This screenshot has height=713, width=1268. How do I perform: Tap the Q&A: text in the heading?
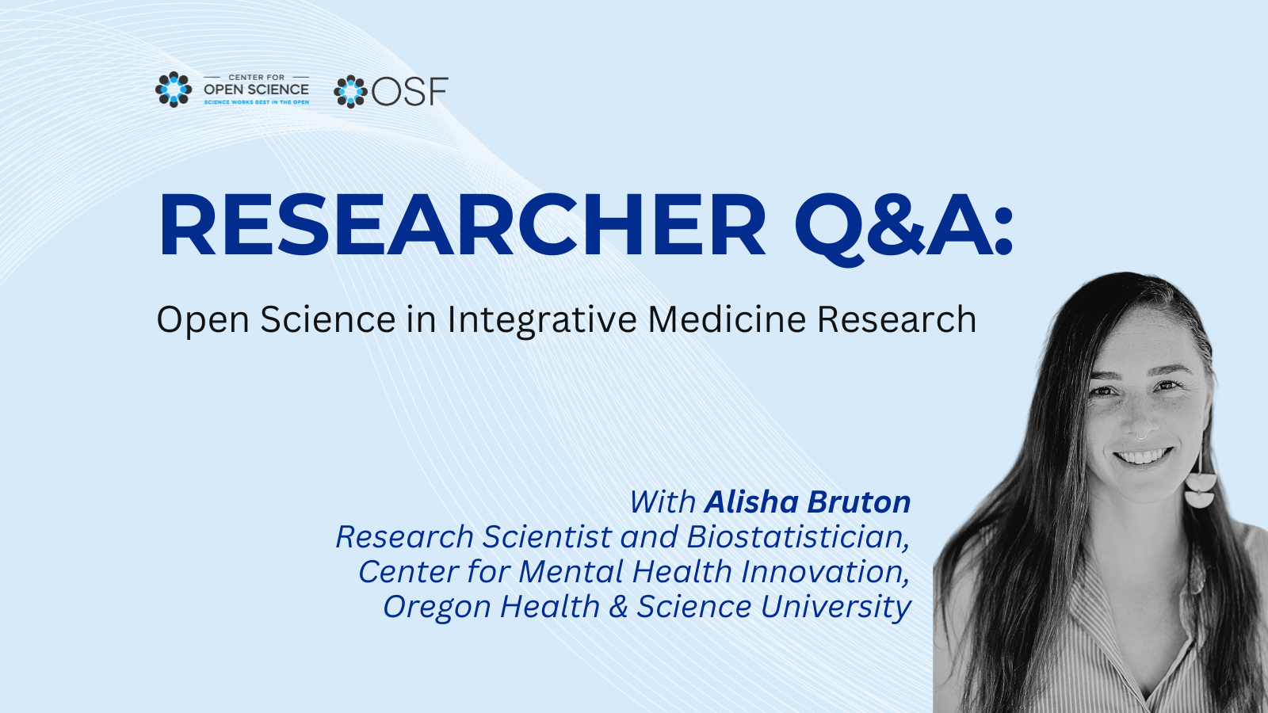904,229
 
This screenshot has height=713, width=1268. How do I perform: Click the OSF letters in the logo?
411,91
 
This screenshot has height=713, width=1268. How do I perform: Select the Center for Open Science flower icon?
174,90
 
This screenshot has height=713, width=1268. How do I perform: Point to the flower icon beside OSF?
350,91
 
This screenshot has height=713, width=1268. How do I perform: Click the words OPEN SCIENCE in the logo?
257,90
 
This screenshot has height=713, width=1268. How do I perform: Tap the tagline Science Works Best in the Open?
257,102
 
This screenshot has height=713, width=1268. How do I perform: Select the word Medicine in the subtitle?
727,319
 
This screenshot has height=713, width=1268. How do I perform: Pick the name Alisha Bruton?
808,502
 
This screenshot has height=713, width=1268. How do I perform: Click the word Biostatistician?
798,536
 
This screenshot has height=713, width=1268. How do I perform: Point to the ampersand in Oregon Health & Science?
619,607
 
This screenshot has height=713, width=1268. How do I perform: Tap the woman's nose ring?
1142,436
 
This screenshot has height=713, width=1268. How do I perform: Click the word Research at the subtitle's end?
896,319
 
